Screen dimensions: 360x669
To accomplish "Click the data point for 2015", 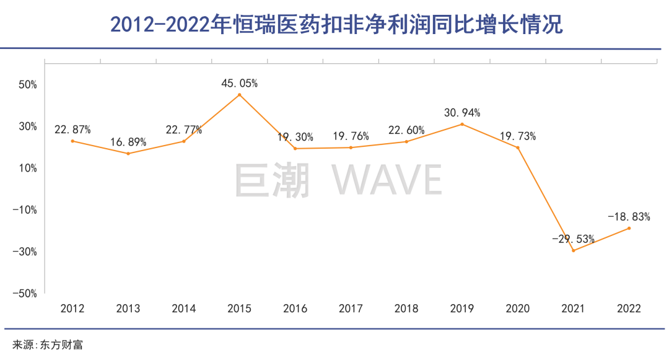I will [x=239, y=95].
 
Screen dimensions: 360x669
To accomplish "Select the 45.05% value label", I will [x=239, y=82].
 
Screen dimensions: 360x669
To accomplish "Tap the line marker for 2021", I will [x=574, y=250].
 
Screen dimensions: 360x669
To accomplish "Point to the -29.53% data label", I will [x=574, y=239].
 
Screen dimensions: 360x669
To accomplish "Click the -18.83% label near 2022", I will [x=629, y=217].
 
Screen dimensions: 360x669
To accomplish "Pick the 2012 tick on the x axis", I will [x=72, y=309].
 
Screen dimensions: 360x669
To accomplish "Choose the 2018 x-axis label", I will [x=406, y=309].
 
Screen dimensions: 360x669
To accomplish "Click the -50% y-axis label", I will [x=25, y=293].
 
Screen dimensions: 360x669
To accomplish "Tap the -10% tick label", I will [x=25, y=209].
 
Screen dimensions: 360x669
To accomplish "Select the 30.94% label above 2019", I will [x=462, y=113].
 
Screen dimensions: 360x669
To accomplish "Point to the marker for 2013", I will [x=128, y=154].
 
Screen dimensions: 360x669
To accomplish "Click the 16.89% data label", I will [x=128, y=142].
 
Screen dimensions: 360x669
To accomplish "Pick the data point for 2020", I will [x=518, y=147].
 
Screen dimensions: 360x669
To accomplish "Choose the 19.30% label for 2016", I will [x=295, y=137].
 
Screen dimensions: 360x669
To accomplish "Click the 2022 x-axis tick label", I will [x=629, y=309].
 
